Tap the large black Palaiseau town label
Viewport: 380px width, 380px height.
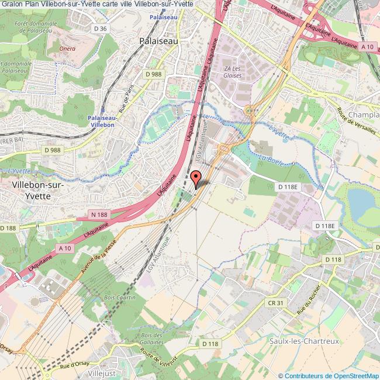coord(159,42)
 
